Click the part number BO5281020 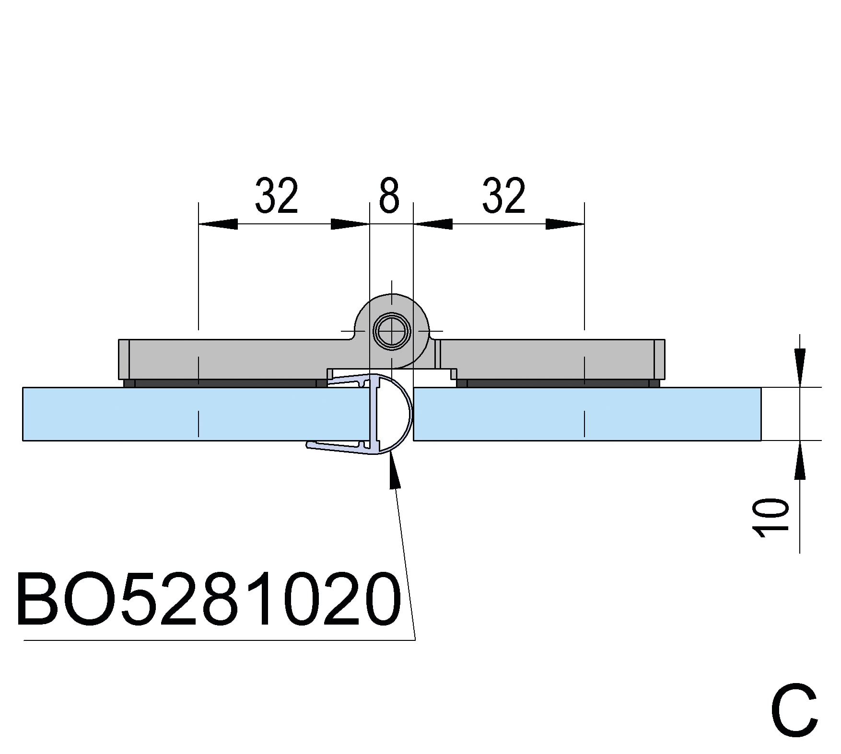pos(209,599)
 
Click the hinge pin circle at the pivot pos(392,331)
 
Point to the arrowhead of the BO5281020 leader pos(394,472)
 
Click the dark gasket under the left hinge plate pos(225,383)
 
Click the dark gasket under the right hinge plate pos(556,383)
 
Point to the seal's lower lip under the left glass pos(336,447)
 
